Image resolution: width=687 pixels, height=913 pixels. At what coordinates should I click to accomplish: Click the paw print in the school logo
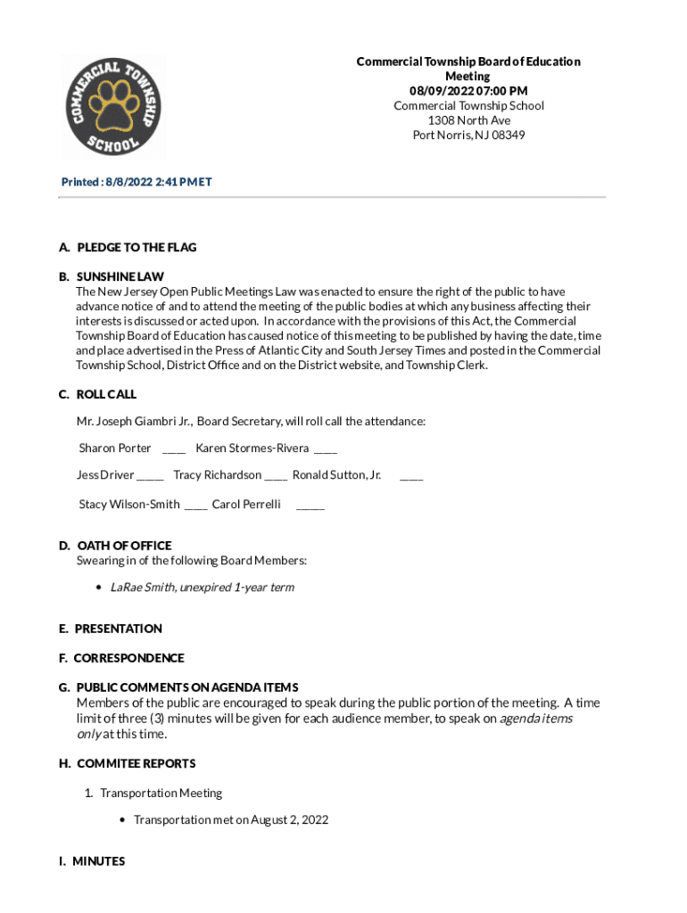tap(112, 109)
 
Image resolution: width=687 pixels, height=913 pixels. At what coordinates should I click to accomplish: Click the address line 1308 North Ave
tap(468, 120)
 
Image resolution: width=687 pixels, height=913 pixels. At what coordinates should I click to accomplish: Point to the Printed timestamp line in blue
tap(137, 182)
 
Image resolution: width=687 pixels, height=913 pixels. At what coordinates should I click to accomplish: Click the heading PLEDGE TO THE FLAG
tap(137, 247)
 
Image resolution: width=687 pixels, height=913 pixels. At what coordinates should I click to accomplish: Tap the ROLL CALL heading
tap(106, 394)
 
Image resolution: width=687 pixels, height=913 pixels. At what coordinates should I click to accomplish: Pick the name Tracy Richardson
tap(217, 474)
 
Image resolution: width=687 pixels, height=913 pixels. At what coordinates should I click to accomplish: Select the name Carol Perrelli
tap(246, 505)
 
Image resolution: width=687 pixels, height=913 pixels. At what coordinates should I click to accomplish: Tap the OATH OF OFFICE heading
tap(124, 546)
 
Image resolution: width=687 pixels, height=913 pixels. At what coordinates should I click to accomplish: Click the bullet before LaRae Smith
tap(99, 588)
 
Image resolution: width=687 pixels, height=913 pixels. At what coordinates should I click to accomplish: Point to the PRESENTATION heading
tap(118, 629)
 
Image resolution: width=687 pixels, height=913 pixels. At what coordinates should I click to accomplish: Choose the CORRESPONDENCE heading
tap(128, 658)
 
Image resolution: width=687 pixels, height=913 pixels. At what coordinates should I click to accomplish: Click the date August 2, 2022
tap(289, 819)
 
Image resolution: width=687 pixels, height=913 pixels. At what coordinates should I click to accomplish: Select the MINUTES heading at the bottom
tap(98, 861)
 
